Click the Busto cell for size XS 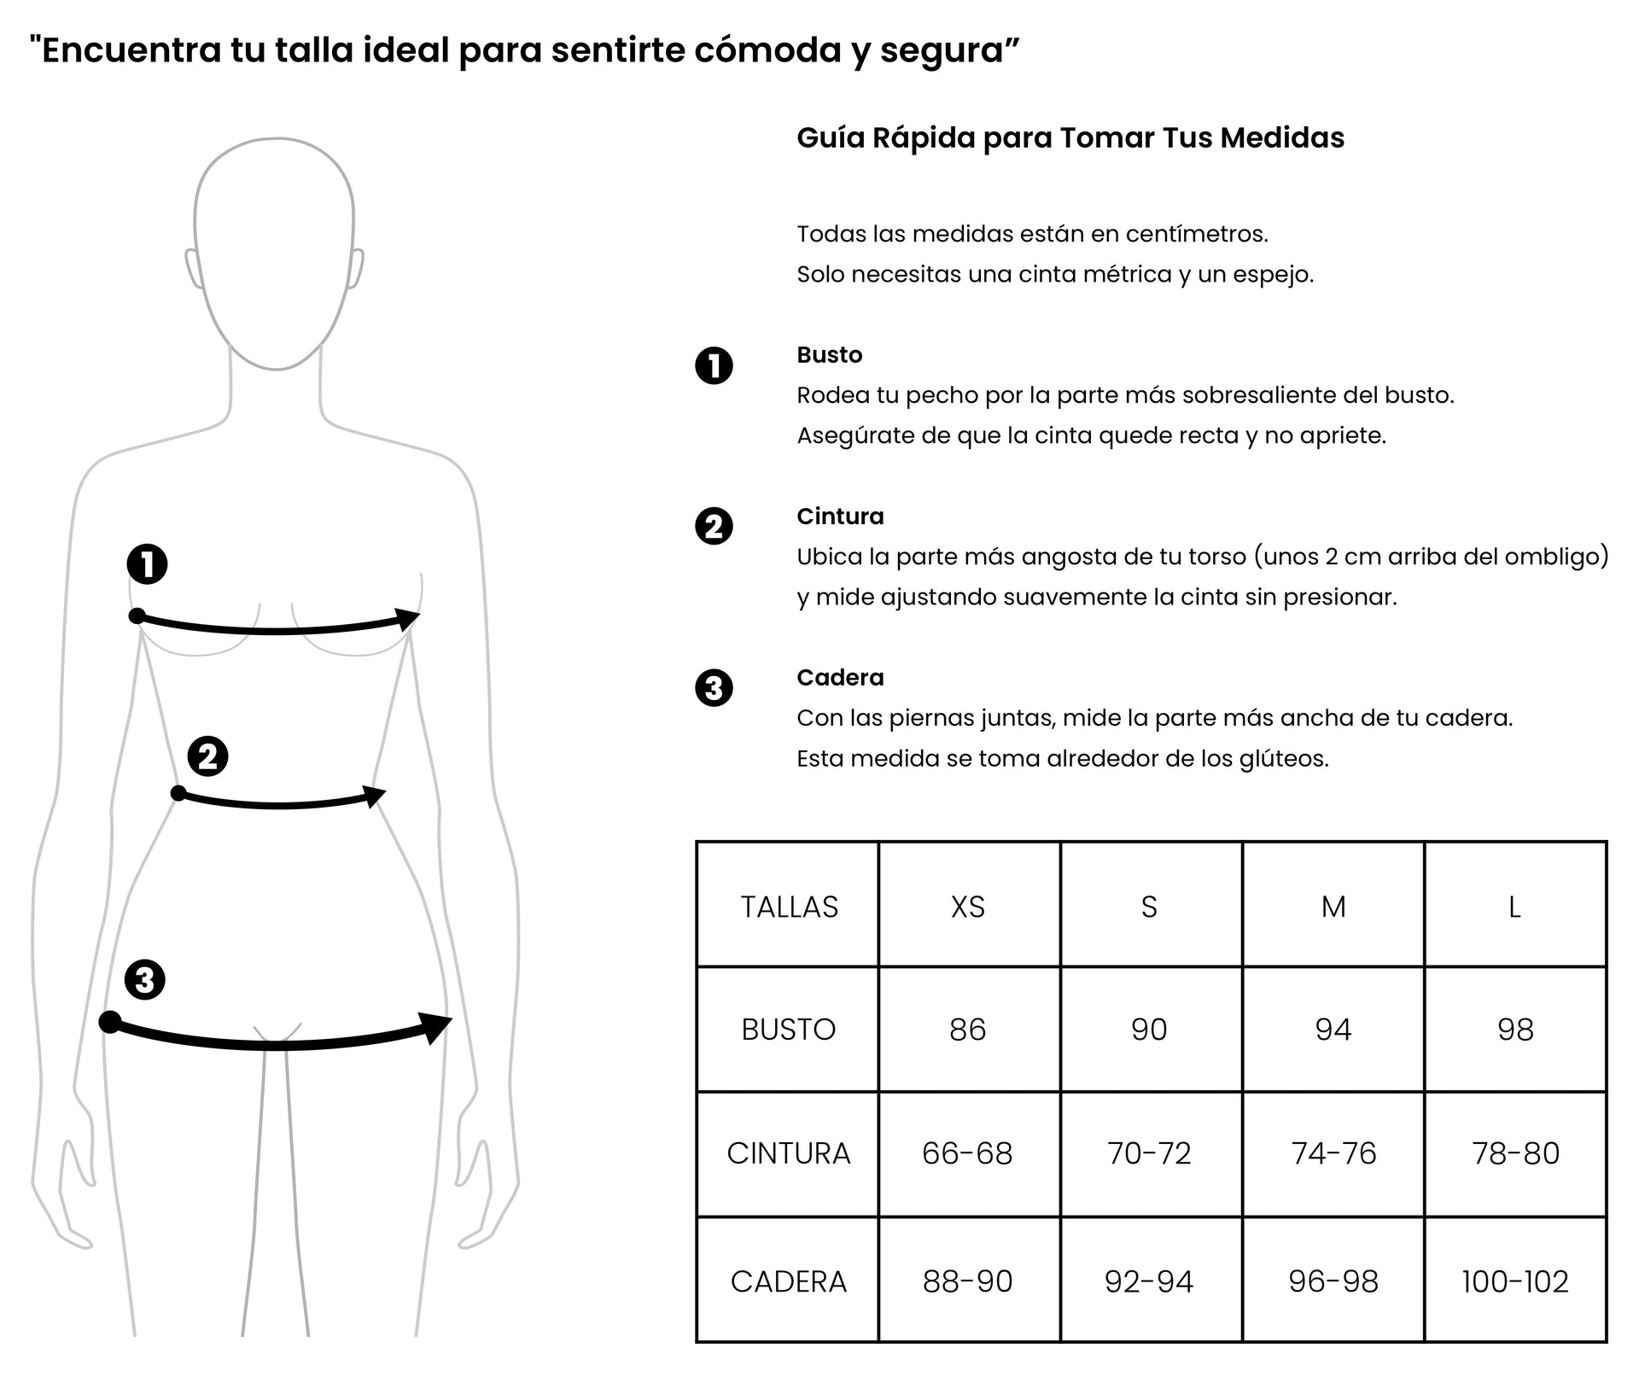(x=967, y=1030)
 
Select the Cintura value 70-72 (x=1149, y=1153)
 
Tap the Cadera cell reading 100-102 (x=1514, y=1281)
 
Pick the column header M (x=1333, y=907)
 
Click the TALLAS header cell (x=789, y=907)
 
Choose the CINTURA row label (x=789, y=1153)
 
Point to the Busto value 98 (x=1514, y=1030)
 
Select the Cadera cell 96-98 (x=1333, y=1281)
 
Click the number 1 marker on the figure (x=148, y=564)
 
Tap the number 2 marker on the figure (x=207, y=756)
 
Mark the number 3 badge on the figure (x=145, y=979)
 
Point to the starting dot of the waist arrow (x=178, y=794)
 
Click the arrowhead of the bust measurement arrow (x=409, y=618)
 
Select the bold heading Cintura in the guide (x=840, y=516)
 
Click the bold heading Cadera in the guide (x=840, y=678)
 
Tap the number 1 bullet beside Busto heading (x=715, y=366)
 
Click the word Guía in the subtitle (x=829, y=138)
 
